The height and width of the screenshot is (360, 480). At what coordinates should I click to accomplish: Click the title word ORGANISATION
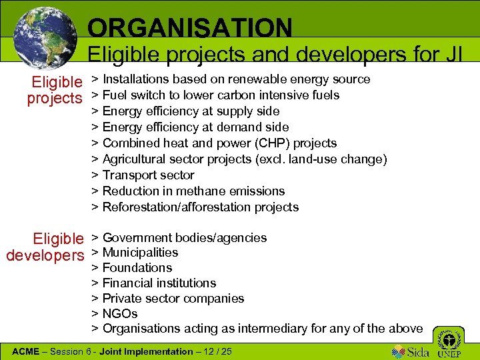tap(190, 28)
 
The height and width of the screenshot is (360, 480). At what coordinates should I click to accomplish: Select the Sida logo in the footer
tap(411, 350)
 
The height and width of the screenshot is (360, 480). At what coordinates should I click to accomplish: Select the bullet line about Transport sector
tap(148, 175)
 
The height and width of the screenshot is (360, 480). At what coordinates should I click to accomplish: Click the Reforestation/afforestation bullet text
tap(200, 207)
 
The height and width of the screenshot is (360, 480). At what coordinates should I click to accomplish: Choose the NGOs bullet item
tap(120, 313)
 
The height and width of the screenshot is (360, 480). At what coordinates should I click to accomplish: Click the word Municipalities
tap(140, 253)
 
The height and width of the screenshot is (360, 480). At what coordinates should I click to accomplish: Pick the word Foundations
tap(137, 268)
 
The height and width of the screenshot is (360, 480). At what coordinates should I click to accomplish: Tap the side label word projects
tap(54, 98)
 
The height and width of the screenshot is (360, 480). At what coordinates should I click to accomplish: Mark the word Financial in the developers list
tap(127, 283)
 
